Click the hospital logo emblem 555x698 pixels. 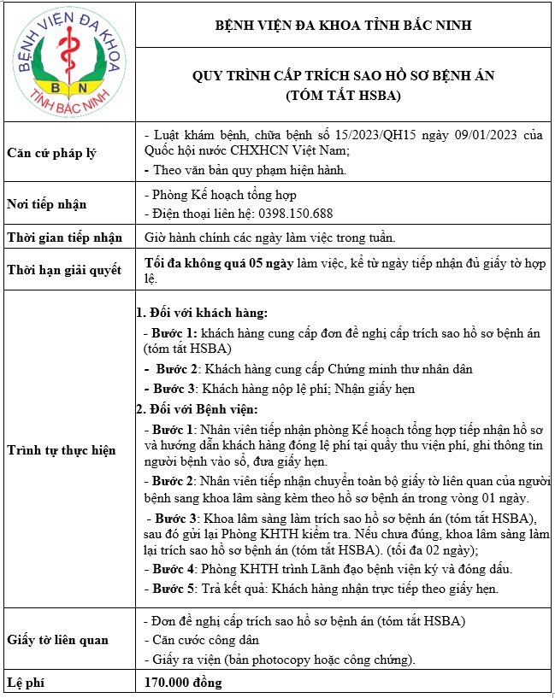coord(67,62)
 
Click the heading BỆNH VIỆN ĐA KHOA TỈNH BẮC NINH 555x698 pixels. coord(343,26)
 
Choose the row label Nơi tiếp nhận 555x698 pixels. coord(46,204)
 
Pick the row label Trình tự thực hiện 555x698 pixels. coord(61,449)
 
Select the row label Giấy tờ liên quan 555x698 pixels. coord(59,639)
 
